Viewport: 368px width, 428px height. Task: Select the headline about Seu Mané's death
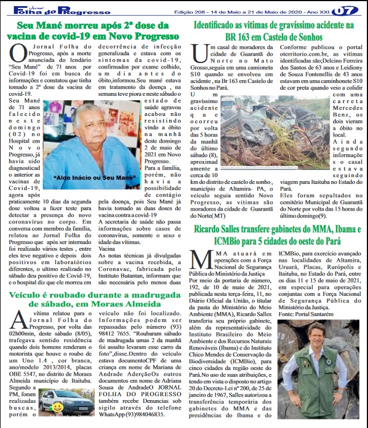click(93, 31)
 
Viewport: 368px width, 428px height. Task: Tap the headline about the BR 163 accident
click(274, 31)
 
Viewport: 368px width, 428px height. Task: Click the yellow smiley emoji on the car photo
click(57, 408)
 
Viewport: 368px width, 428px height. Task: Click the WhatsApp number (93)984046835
click(147, 415)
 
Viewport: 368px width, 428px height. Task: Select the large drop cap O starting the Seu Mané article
click(18, 55)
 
